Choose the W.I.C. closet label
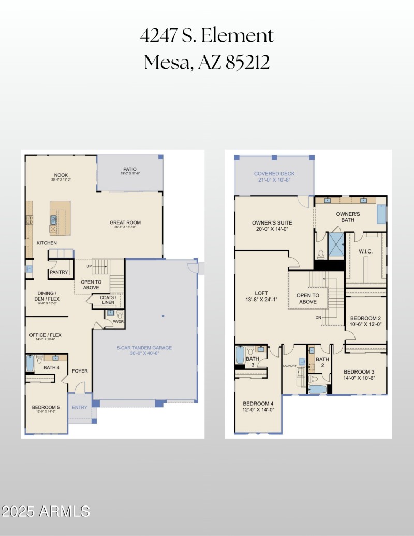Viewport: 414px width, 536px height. click(x=366, y=251)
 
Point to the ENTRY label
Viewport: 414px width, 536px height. click(x=80, y=407)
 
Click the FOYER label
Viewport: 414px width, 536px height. click(x=80, y=370)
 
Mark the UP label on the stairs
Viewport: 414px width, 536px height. click(x=89, y=266)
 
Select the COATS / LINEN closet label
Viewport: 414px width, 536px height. click(x=108, y=300)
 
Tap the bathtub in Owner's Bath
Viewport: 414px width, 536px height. click(x=381, y=214)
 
